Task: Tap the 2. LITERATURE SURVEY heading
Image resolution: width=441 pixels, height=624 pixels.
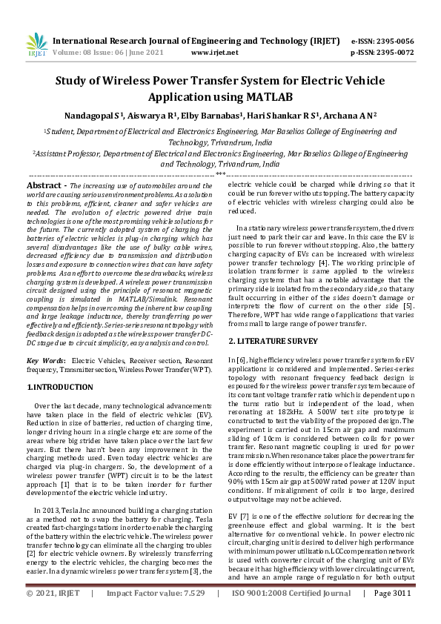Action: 273,341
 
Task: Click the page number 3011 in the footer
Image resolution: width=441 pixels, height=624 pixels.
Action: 400,614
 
